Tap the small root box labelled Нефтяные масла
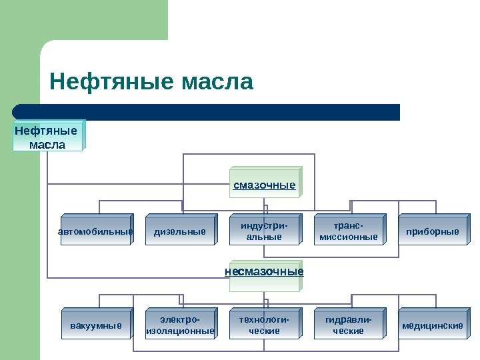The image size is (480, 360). pyautogui.click(x=48, y=137)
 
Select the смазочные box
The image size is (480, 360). pyautogui.click(x=265, y=184)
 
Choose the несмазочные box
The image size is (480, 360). pyautogui.click(x=264, y=273)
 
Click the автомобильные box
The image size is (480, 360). pyautogui.click(x=95, y=231)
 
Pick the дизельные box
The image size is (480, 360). pyautogui.click(x=180, y=231)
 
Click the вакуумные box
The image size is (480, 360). pyautogui.click(x=96, y=325)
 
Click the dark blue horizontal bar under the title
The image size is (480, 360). pyautogui.click(x=207, y=112)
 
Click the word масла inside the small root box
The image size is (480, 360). pyautogui.click(x=48, y=144)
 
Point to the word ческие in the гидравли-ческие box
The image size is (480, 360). pyautogui.click(x=349, y=331)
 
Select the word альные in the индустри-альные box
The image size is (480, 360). pyautogui.click(x=264, y=237)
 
